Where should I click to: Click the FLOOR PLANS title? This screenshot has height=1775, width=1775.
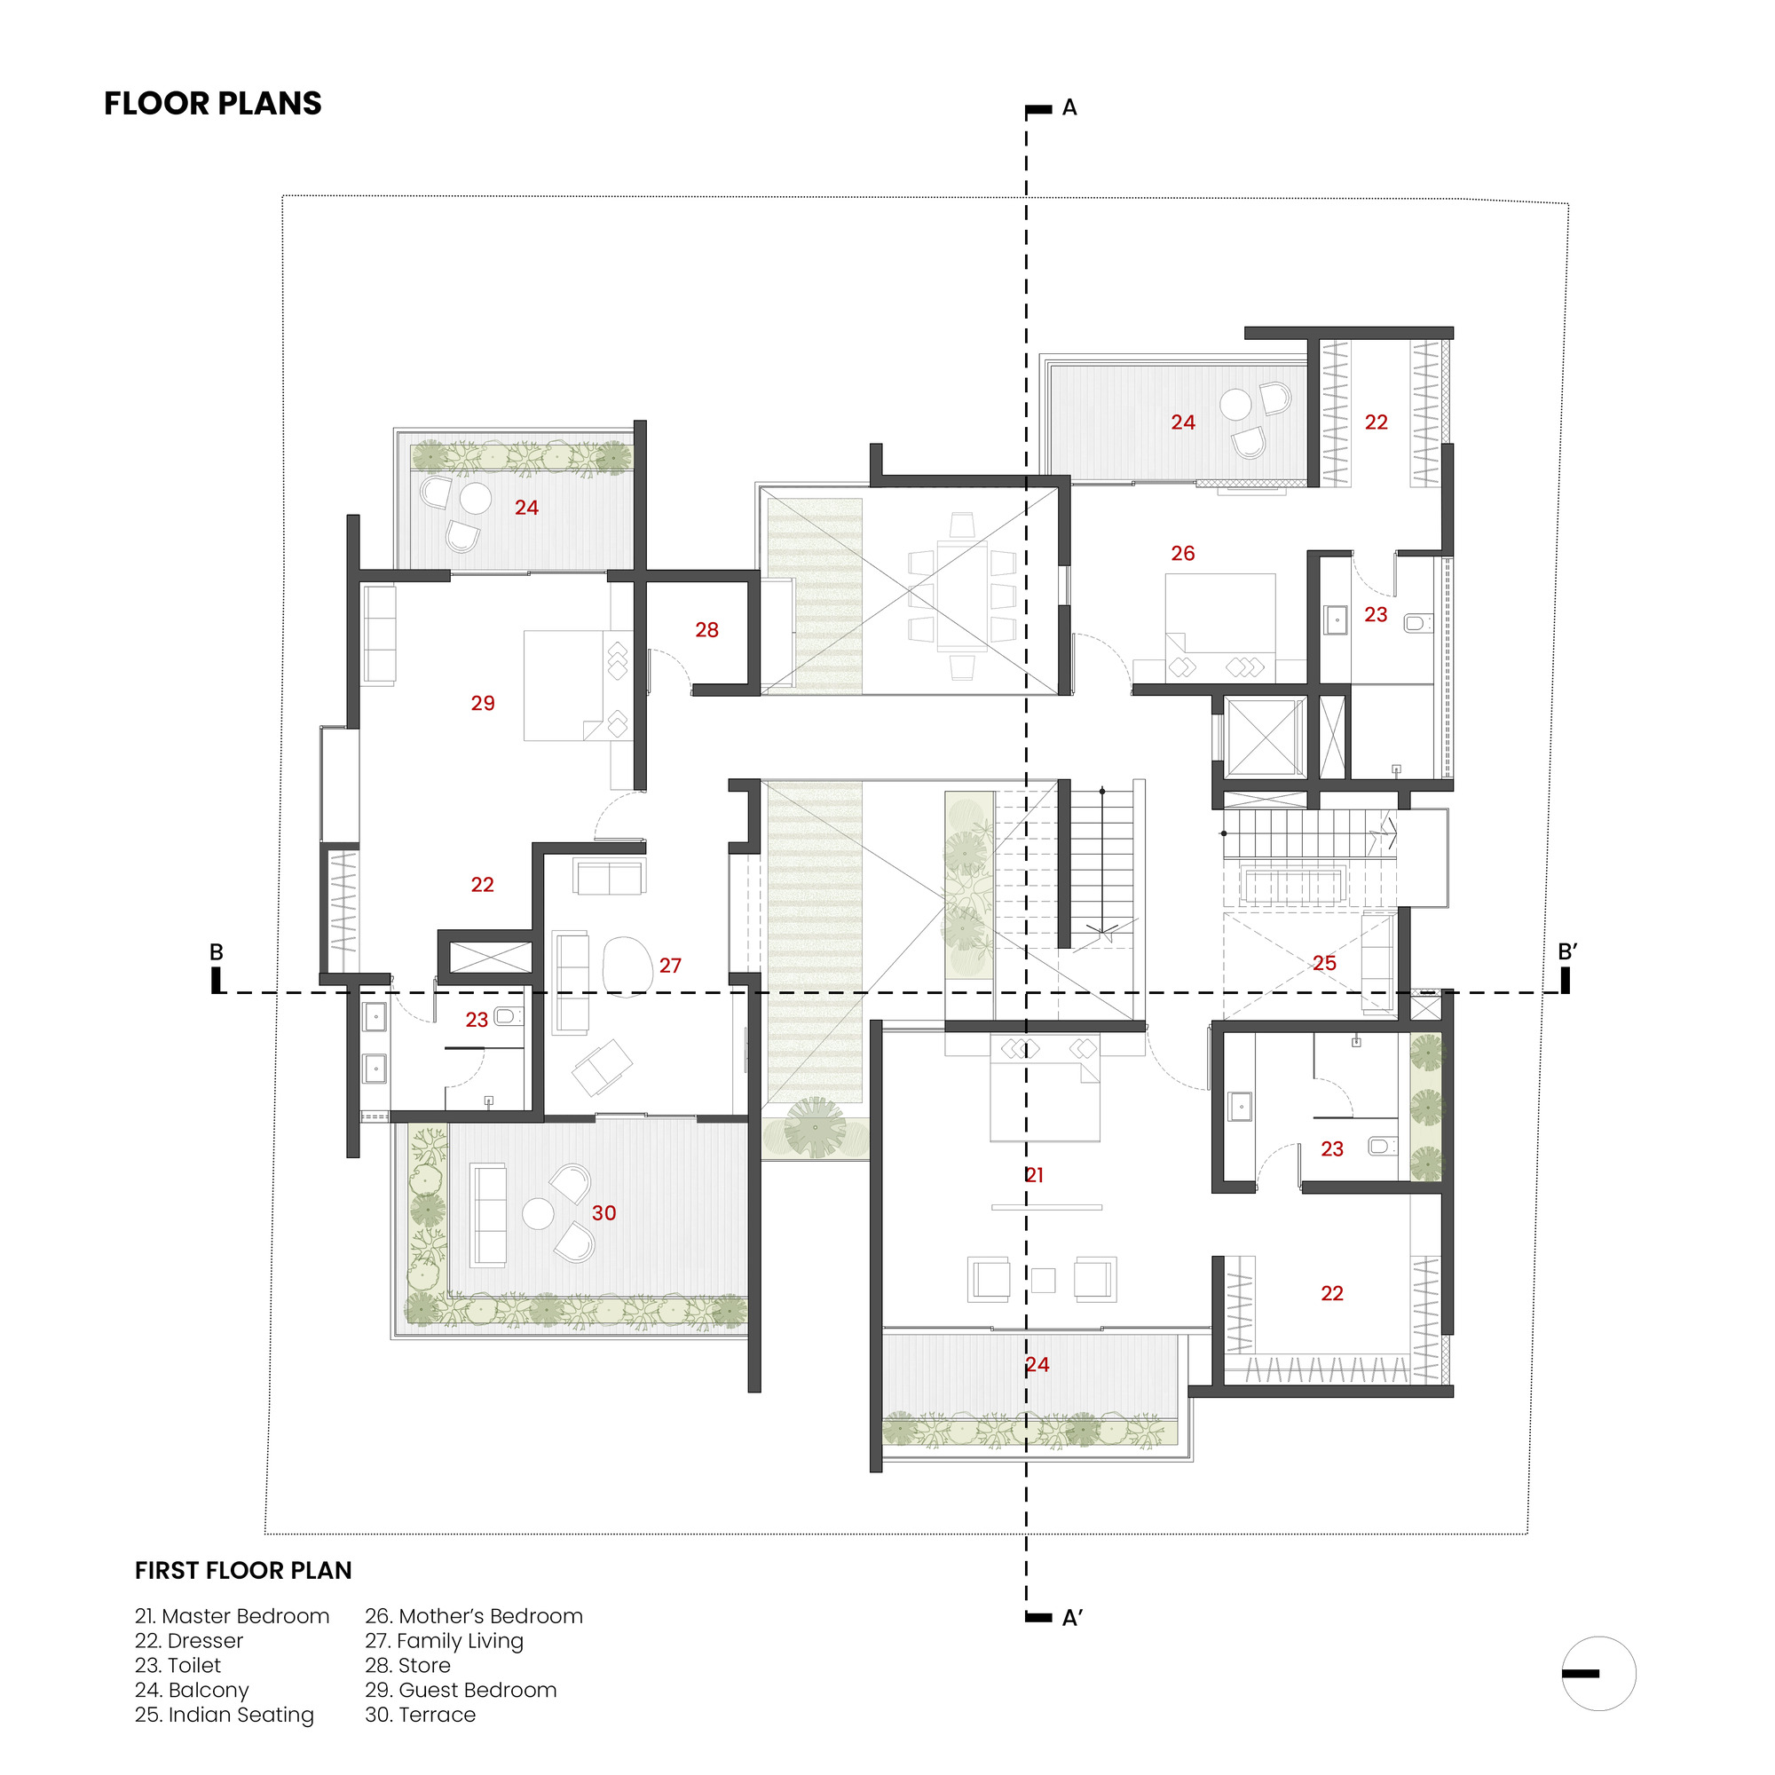point(212,104)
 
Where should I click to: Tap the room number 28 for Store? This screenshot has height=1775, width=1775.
point(706,630)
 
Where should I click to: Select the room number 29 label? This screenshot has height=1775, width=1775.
point(482,704)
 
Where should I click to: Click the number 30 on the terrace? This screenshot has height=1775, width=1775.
point(603,1212)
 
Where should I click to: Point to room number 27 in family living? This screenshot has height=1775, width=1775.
point(670,966)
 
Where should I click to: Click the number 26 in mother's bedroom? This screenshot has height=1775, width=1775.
point(1182,554)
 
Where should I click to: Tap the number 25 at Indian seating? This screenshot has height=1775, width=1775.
point(1324,963)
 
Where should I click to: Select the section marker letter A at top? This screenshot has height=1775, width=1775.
point(1069,108)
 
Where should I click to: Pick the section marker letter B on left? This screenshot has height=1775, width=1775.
point(217,951)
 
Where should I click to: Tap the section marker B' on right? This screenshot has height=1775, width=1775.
point(1567,951)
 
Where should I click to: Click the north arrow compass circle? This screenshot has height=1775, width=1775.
point(1598,1673)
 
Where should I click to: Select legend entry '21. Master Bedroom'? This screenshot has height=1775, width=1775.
point(232,1616)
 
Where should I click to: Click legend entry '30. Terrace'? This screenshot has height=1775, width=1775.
point(420,1715)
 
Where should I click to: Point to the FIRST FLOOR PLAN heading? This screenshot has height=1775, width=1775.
point(243,1570)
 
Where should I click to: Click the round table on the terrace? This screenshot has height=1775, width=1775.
point(538,1213)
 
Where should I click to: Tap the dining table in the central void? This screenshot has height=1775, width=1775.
point(962,596)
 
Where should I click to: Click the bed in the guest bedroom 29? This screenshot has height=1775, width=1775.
point(564,685)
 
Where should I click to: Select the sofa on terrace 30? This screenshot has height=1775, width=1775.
point(488,1216)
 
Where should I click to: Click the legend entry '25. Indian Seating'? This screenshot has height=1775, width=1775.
point(225,1715)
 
